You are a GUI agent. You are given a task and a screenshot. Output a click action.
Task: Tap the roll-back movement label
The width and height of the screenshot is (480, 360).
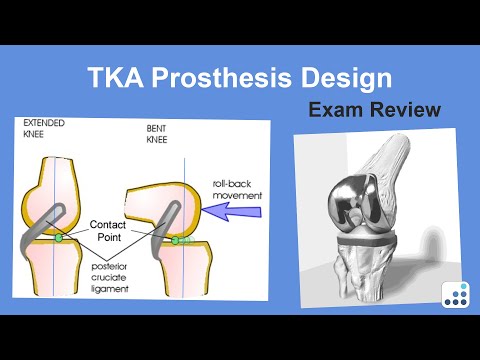[x=237, y=191]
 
